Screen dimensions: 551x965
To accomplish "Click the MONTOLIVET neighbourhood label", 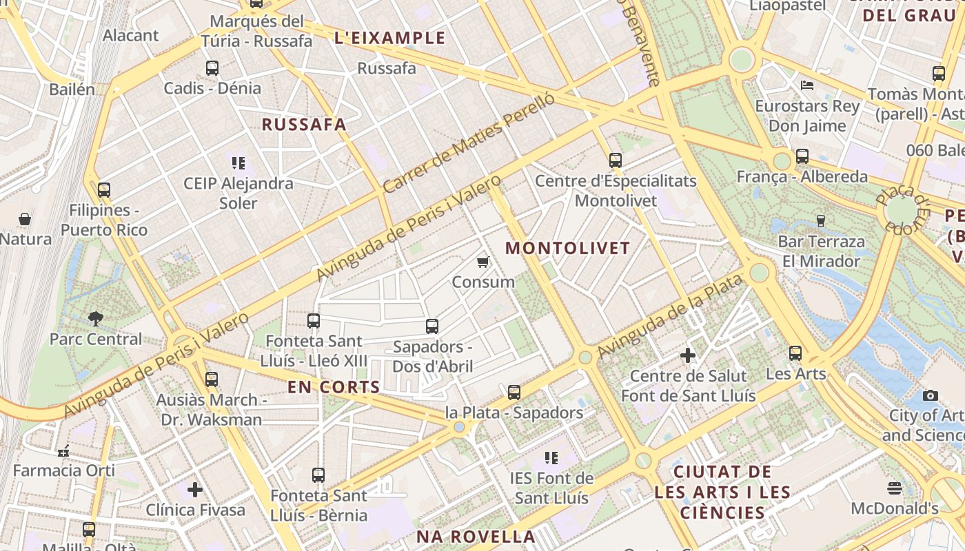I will coord(568,248).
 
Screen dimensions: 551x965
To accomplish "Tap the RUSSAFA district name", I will coord(304,125).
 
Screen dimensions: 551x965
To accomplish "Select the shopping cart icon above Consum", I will coord(483,262).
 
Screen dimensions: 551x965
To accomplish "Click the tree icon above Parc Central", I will coord(96,318).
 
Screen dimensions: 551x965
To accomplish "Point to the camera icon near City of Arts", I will coord(931,395).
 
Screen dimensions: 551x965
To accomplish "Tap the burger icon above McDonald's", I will coord(895,488).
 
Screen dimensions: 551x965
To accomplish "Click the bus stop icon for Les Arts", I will coord(795,353).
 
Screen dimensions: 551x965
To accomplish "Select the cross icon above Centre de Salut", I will coord(688,355).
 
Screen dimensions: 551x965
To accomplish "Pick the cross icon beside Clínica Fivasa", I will coord(195,490).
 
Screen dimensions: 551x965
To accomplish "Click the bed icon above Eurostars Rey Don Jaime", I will coord(808,85).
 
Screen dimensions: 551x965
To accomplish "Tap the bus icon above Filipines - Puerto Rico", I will coord(104,189).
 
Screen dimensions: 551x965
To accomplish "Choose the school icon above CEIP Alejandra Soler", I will coord(238,163).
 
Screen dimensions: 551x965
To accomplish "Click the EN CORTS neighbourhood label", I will coord(334,387).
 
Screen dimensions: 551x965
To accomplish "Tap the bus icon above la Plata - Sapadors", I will coord(514,392).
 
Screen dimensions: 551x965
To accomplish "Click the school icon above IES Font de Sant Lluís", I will coord(551,457).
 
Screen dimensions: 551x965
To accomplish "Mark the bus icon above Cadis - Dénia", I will coord(212,68).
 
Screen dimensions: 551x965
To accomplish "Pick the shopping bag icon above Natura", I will coord(25,219).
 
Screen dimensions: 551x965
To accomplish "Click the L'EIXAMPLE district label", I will coord(389,39).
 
